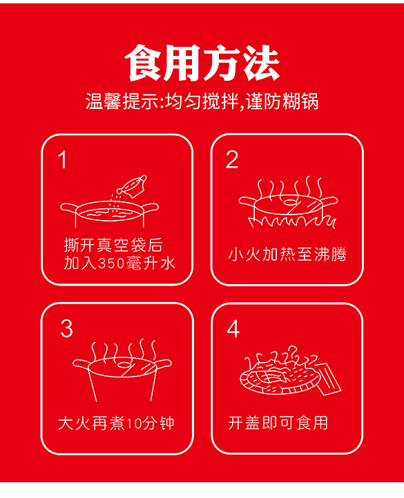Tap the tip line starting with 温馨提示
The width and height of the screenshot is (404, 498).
202,102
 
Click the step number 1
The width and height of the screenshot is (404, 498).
63,161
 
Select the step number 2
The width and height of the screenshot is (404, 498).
232,160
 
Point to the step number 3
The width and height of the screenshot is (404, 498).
66,328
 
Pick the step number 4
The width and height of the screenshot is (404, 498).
233,329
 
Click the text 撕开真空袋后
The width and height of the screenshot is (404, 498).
113,246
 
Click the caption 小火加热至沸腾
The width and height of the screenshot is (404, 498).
287,255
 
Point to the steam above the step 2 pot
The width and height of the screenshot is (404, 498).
287,186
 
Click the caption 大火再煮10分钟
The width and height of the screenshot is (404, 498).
116,422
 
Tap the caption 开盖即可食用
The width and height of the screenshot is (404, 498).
278,422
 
